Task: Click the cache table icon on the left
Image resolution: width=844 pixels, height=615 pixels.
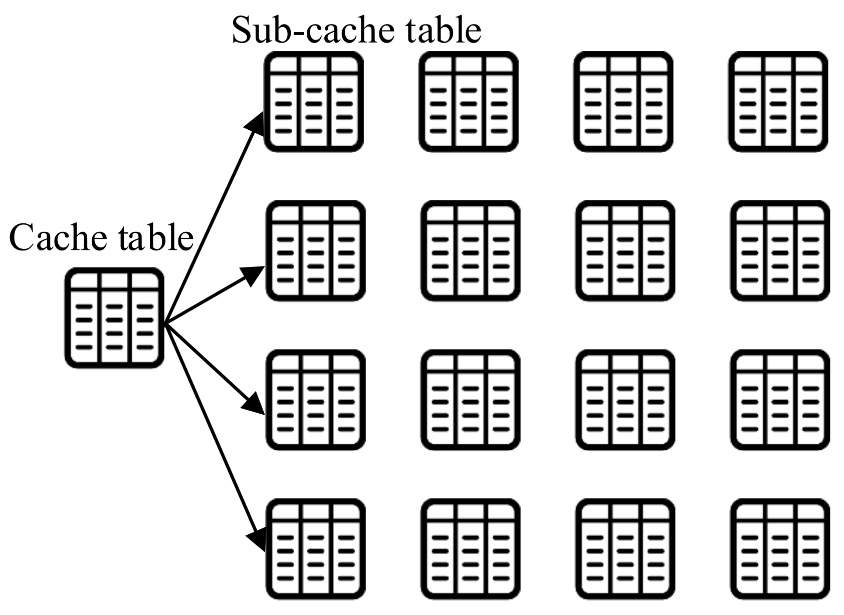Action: point(114,319)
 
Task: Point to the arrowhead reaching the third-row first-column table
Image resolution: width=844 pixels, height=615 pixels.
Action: point(254,403)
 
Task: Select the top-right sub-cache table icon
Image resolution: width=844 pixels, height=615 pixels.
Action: point(778,102)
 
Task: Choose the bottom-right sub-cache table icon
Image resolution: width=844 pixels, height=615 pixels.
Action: point(780,549)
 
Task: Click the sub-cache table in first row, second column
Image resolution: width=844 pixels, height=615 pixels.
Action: point(469,102)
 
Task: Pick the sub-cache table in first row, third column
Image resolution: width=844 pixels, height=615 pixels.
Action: point(623,102)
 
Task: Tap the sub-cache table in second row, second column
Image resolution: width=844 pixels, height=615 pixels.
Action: point(470,251)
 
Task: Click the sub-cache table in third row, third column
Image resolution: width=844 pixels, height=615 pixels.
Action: point(625,400)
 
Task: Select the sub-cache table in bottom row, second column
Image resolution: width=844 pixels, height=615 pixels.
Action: point(470,549)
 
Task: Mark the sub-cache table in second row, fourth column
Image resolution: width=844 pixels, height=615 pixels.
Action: point(780,251)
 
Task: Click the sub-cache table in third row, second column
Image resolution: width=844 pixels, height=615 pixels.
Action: point(470,400)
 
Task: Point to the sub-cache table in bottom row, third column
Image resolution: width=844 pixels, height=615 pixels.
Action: point(625,549)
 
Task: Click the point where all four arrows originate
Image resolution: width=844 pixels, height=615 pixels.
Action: point(166,323)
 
